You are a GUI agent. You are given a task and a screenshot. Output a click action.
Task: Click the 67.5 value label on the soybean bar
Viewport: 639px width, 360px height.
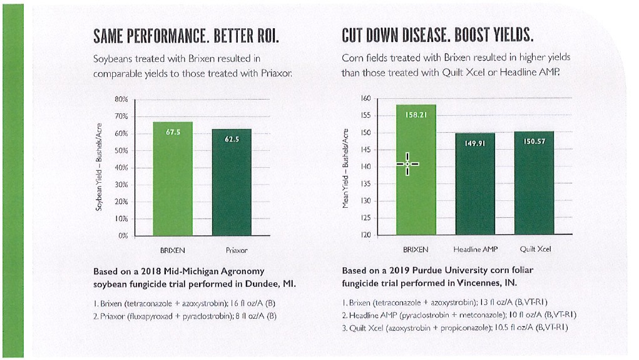(x=173, y=132)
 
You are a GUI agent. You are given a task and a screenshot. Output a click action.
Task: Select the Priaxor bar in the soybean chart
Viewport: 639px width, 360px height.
(x=232, y=182)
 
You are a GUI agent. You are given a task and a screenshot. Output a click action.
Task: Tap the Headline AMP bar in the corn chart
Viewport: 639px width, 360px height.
(x=475, y=183)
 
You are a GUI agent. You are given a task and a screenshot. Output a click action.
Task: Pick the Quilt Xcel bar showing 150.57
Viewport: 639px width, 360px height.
(x=534, y=183)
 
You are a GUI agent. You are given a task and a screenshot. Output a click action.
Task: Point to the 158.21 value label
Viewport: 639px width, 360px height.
(x=416, y=115)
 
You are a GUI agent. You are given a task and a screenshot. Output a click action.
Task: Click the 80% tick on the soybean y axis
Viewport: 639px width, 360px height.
(x=121, y=99)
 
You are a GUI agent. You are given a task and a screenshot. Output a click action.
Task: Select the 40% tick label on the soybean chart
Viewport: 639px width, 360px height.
(x=121, y=168)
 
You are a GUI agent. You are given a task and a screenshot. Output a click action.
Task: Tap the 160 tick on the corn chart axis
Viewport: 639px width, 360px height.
(x=366, y=98)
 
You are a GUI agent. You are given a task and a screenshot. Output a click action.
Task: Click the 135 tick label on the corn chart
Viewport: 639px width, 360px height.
(x=366, y=184)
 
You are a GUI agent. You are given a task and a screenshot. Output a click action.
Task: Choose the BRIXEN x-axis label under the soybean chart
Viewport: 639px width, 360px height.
(x=172, y=250)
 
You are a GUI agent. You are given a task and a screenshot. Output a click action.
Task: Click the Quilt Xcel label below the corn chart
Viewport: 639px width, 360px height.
(x=535, y=249)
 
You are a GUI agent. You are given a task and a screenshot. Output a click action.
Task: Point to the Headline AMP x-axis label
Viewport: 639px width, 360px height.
(x=476, y=249)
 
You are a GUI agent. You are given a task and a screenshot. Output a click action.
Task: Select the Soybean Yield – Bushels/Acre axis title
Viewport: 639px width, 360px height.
(x=99, y=167)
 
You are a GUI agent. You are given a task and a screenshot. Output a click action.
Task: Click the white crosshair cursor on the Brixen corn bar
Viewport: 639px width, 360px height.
(x=407, y=164)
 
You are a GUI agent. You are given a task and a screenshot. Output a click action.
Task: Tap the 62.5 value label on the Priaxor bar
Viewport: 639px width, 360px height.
(x=232, y=140)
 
